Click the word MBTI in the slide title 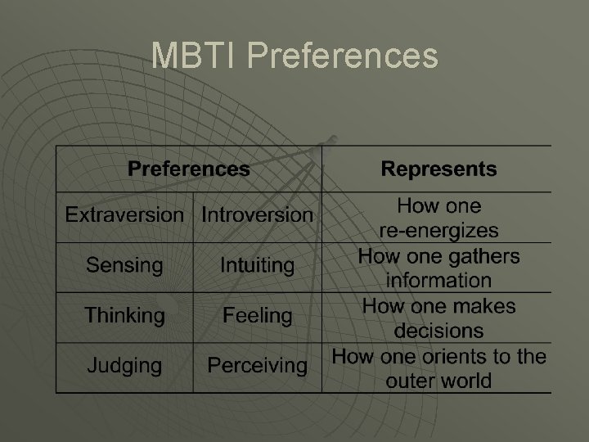(194, 56)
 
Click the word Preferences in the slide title (342, 56)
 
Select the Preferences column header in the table (189, 169)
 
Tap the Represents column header (438, 169)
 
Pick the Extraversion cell (124, 215)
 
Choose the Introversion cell (257, 215)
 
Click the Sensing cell (124, 265)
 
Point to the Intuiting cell (257, 265)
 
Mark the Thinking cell (124, 315)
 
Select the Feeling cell (257, 315)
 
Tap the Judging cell (124, 364)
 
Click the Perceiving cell (257, 364)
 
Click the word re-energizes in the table (438, 230)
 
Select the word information (438, 280)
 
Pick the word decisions (438, 331)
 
